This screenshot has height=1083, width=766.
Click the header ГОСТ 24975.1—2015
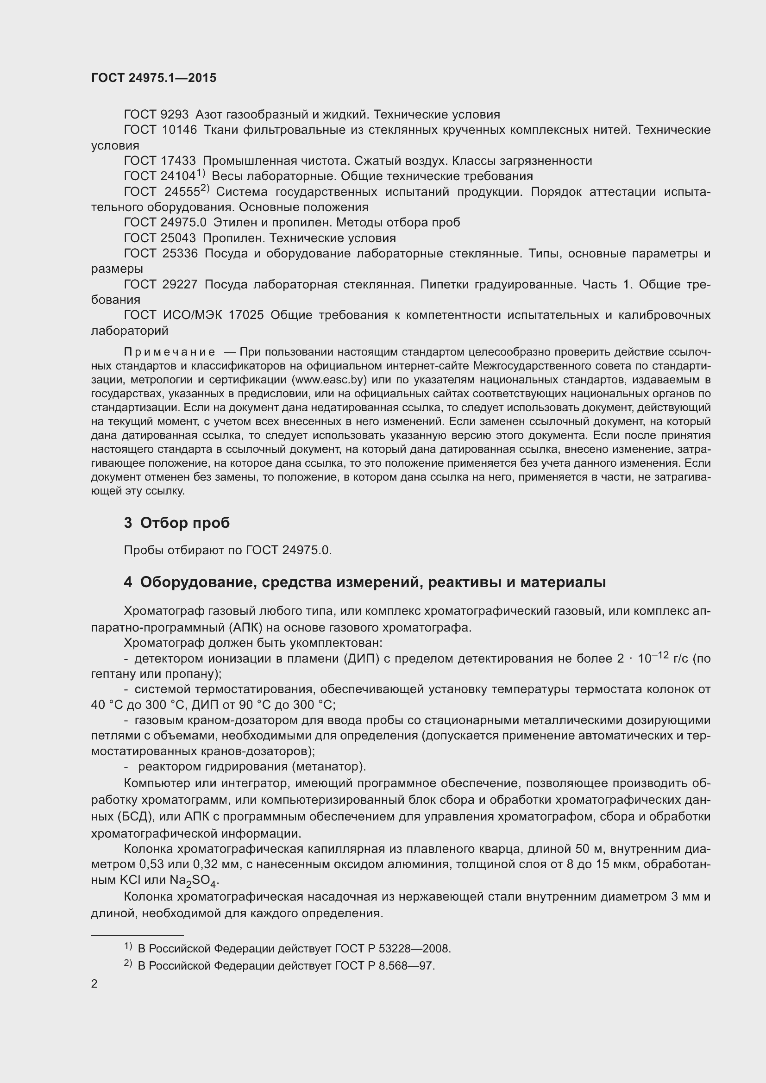[154, 78]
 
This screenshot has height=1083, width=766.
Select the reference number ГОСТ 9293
[156, 115]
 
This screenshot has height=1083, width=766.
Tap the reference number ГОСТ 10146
[160, 130]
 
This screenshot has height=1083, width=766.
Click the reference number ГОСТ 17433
[160, 161]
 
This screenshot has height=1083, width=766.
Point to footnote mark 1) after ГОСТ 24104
[201, 173]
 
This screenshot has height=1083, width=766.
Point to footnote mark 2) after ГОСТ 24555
[205, 188]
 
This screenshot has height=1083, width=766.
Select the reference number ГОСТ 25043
[160, 238]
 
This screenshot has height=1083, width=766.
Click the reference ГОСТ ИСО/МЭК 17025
[194, 315]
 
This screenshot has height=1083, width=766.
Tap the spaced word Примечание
[170, 352]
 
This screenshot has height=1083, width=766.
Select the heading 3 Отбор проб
[176, 523]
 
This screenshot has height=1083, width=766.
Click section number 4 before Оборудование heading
[128, 582]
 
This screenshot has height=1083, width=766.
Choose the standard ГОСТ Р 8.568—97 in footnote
[384, 966]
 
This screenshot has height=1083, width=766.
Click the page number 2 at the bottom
[94, 984]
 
